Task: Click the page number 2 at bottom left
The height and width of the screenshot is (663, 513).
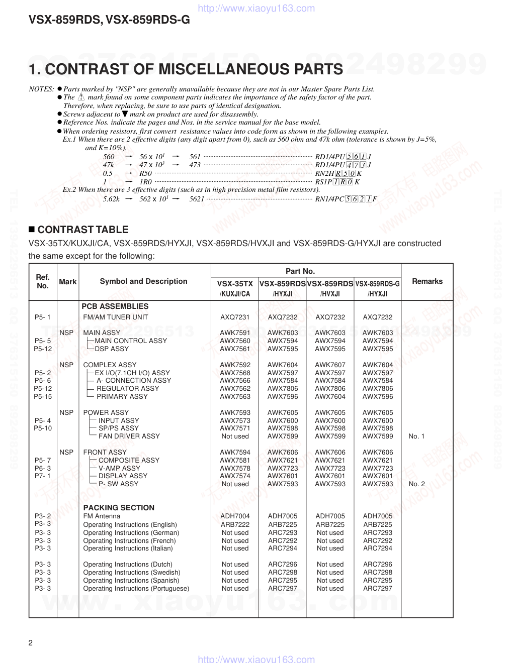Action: point(31,643)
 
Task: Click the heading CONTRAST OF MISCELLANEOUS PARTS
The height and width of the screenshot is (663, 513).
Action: point(186,69)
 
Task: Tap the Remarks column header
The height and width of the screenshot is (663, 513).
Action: point(427,281)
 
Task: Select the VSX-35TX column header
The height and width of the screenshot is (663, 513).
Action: point(235,284)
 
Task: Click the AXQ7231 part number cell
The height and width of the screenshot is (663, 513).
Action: point(235,317)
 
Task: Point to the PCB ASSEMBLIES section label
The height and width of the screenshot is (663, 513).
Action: point(115,306)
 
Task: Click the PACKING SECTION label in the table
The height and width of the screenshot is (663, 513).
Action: point(119,508)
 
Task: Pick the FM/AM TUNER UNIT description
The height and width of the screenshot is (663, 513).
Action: point(116,317)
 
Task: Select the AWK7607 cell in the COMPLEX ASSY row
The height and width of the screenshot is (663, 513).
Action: point(330,365)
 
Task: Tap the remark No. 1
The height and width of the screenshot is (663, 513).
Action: point(416,436)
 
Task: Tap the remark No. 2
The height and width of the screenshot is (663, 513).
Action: point(416,484)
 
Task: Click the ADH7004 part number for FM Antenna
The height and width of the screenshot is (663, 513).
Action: point(235,516)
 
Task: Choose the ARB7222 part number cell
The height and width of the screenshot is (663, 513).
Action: point(235,524)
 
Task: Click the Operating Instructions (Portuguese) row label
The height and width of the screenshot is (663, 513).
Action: point(136,588)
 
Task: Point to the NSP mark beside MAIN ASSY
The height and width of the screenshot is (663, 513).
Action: point(66,333)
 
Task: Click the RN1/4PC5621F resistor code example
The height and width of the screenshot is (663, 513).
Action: point(346,199)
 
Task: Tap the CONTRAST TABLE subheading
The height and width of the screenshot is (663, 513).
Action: point(83,230)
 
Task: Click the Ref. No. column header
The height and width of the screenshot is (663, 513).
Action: point(43,281)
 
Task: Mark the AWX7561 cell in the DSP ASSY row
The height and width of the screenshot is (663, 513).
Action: point(235,349)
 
